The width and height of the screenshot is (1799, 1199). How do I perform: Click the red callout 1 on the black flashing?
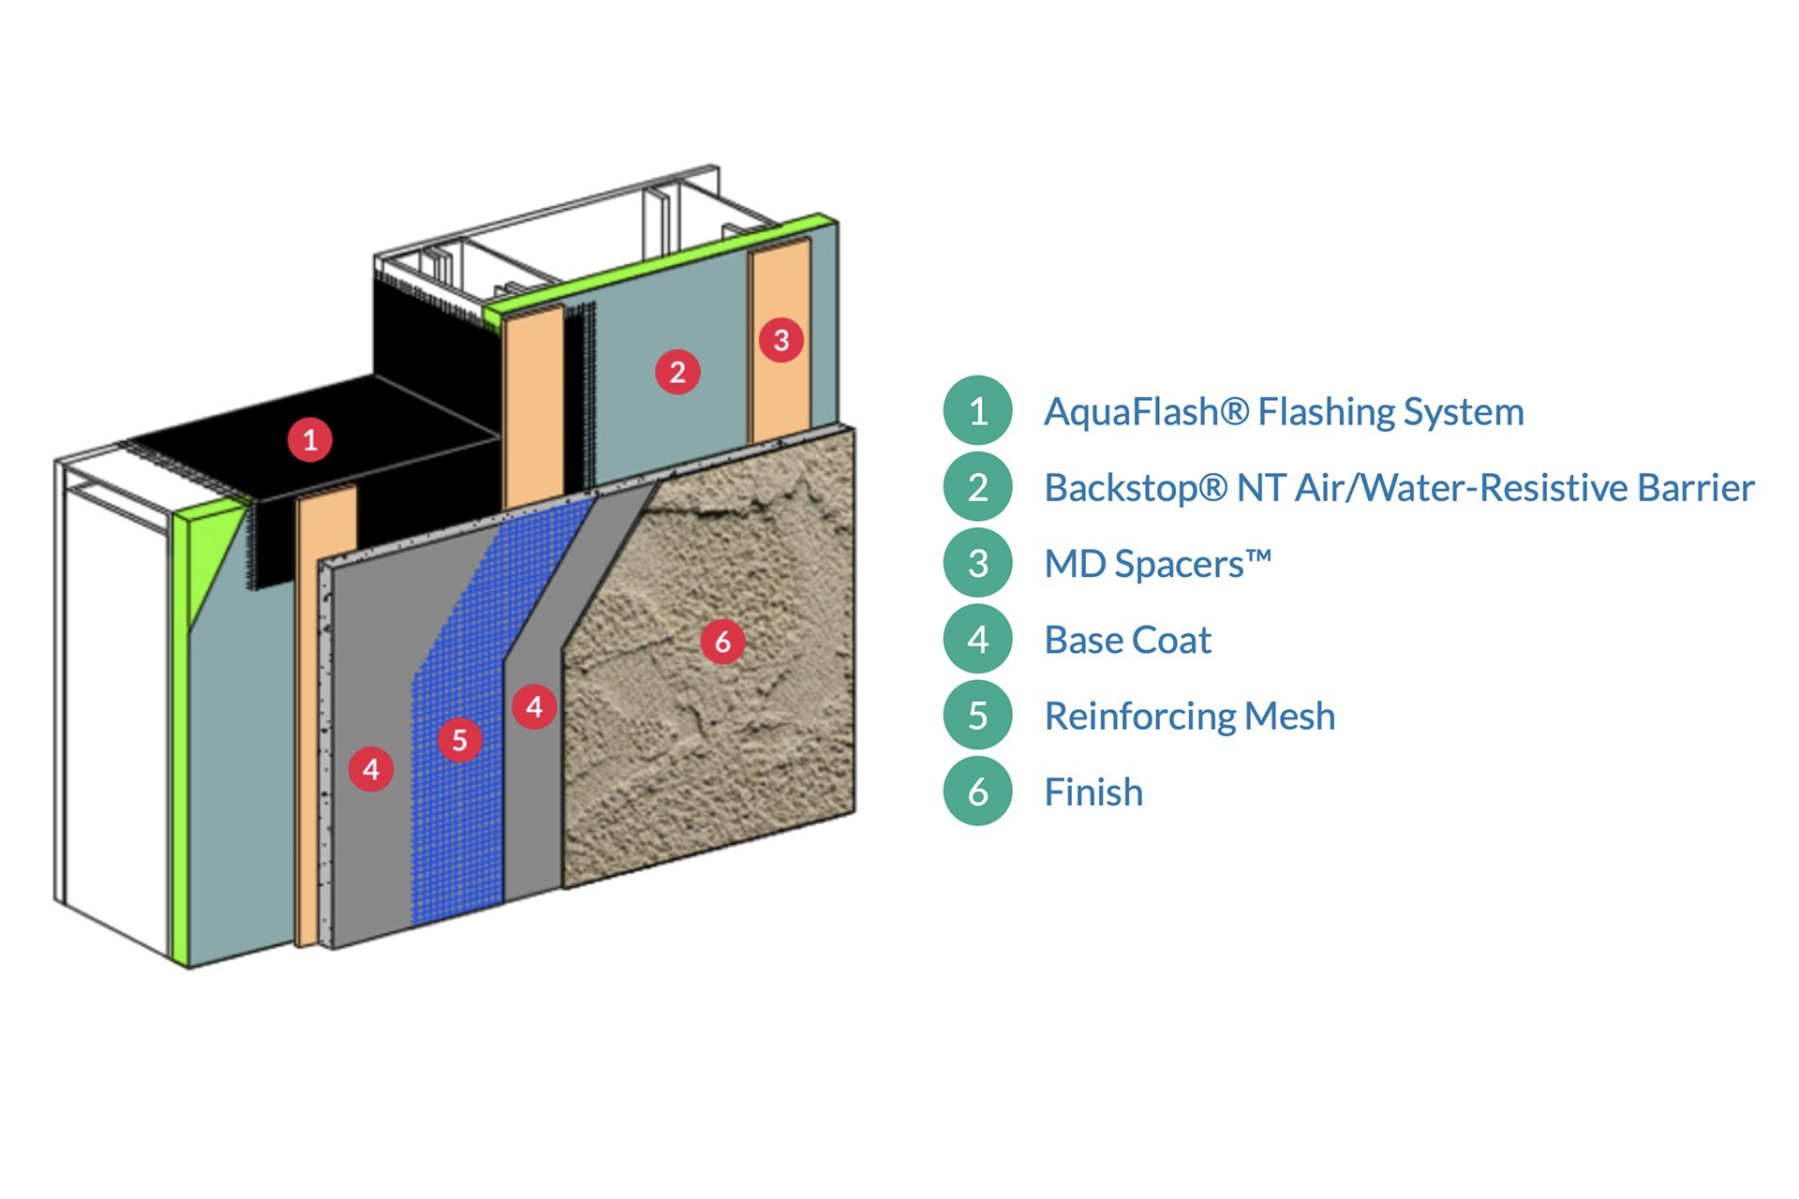(310, 439)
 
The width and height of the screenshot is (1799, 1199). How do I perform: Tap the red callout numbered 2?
(677, 372)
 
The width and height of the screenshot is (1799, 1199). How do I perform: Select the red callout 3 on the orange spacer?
(781, 340)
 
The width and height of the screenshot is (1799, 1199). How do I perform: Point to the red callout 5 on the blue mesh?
(460, 740)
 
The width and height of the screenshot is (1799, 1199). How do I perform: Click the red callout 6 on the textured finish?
(722, 642)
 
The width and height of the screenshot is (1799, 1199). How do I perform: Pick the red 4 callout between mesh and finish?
(534, 706)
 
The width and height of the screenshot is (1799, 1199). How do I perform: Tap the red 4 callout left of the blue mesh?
(371, 769)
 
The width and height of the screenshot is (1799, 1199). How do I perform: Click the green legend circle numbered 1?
(977, 411)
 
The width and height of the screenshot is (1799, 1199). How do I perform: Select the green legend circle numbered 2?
(977, 487)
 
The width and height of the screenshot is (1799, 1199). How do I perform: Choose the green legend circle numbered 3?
(977, 563)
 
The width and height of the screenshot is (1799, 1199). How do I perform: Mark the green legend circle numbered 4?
(977, 640)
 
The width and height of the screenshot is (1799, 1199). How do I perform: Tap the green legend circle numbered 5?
(977, 716)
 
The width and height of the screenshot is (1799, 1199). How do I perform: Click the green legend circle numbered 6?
(977, 792)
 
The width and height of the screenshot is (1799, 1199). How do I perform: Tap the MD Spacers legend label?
(1157, 564)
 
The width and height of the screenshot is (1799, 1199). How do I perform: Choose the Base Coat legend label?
(1127, 641)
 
